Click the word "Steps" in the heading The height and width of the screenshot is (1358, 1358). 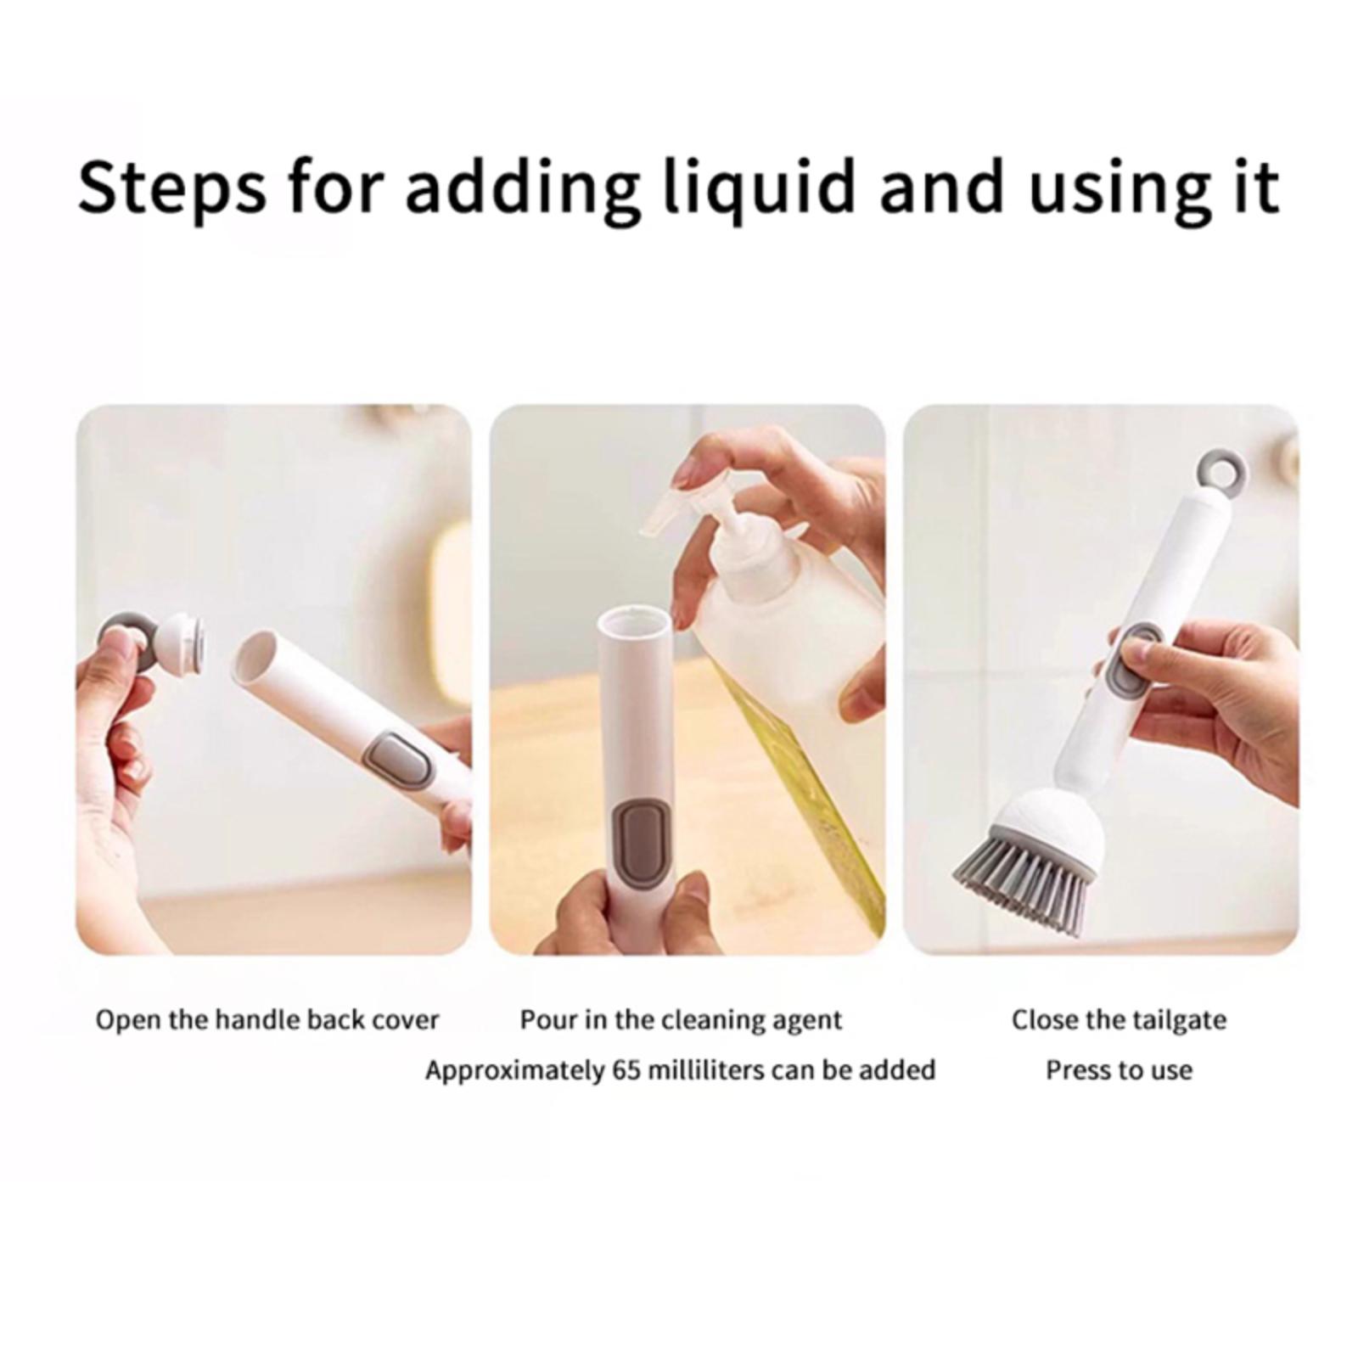[x=172, y=188]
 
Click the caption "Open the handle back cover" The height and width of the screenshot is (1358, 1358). [x=267, y=1019]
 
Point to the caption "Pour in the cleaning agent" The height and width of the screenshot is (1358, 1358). [x=681, y=1019]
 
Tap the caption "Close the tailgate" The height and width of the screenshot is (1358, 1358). [x=1119, y=1019]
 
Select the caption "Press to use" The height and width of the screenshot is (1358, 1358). [x=1119, y=1070]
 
